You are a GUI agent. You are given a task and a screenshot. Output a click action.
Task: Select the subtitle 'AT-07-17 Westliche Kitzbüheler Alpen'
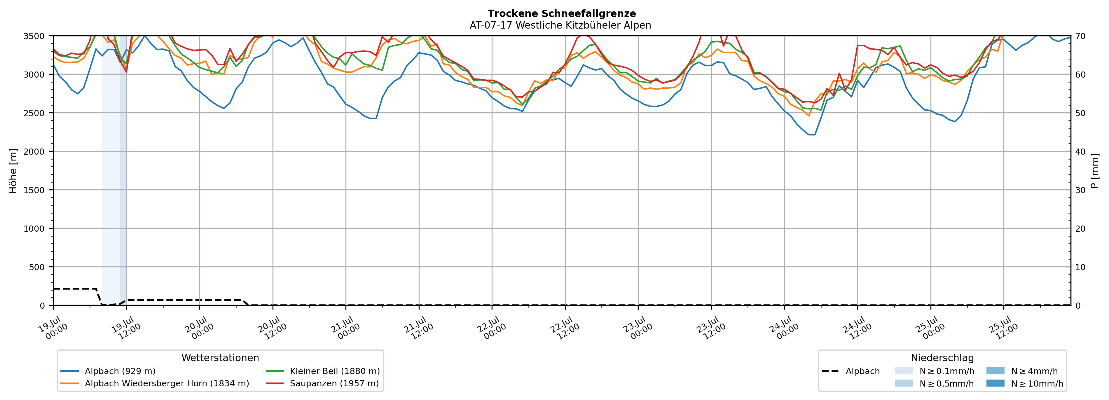pos(560,25)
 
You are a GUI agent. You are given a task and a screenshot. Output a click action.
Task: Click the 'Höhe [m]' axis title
pos(13,171)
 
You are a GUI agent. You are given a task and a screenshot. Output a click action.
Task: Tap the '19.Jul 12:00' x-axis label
pos(126,329)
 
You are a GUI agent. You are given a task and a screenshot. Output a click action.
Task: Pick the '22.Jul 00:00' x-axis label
pos(491,329)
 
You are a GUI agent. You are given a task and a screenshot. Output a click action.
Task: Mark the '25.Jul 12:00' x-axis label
pos(1003,329)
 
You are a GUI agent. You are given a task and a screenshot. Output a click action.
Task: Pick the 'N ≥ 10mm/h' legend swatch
pos(995,383)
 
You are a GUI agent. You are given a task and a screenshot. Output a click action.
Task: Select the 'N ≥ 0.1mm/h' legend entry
pos(934,371)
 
